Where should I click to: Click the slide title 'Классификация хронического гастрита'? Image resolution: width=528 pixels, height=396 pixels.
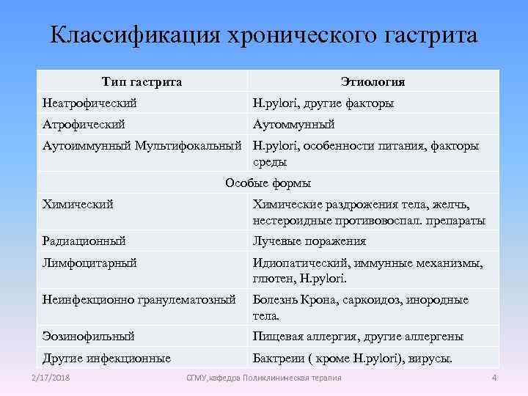coord(264,34)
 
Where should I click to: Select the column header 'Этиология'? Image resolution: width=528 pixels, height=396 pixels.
coord(373,81)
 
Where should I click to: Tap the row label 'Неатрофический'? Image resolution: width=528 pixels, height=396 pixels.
coord(90,103)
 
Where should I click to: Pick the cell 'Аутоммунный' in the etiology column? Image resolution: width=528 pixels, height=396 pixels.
coord(293,125)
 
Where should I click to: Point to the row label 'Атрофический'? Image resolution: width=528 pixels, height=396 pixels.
coord(84,125)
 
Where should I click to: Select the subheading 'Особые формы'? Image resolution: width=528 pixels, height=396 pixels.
coord(268,183)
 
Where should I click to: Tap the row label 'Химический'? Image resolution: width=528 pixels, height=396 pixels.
coord(78,204)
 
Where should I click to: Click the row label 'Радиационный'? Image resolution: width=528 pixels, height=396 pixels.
coord(84,241)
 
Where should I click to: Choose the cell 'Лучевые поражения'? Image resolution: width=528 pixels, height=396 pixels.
coord(309,241)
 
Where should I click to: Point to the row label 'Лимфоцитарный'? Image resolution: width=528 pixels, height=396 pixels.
coord(90,263)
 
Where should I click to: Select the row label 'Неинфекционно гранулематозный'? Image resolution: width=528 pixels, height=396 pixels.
coord(139,300)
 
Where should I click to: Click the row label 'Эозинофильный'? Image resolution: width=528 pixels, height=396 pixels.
coord(89,337)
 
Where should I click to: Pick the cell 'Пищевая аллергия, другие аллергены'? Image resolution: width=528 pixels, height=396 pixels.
coord(358,337)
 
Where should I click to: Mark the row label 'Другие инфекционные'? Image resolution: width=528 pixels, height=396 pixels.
coord(107,359)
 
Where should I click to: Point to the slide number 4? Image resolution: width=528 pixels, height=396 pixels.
coord(494,377)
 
